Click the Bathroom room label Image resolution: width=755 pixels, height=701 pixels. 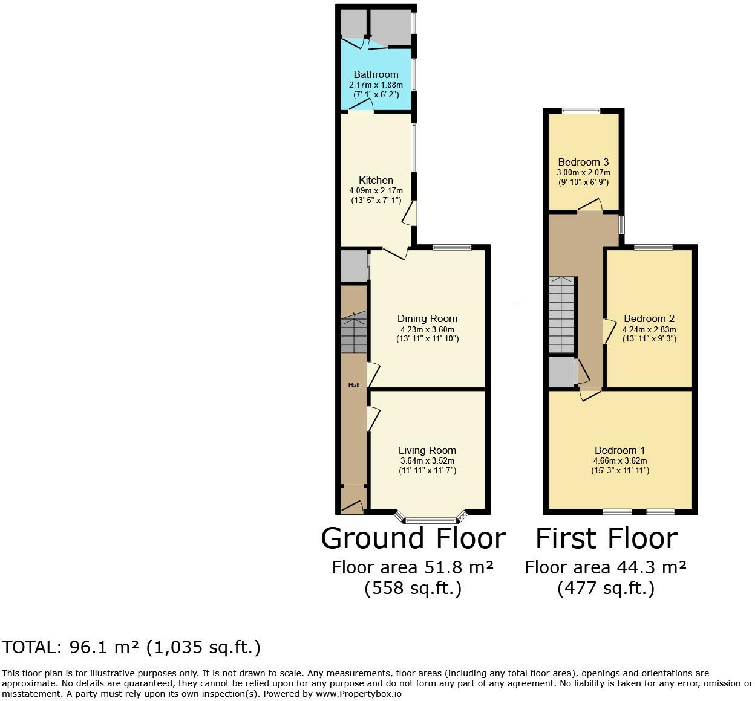click(376, 74)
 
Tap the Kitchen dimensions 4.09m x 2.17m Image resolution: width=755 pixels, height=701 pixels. click(376, 190)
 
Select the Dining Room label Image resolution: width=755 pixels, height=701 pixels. click(427, 318)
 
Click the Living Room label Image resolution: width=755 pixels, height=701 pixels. click(427, 450)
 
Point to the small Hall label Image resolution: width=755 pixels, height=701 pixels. click(353, 385)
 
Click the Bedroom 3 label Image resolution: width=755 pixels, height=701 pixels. click(583, 162)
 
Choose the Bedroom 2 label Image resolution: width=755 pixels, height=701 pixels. click(649, 318)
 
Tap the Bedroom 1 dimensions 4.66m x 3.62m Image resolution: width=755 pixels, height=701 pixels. click(619, 460)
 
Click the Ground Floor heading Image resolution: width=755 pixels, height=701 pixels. click(413, 538)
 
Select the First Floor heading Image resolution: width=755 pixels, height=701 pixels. click(606, 538)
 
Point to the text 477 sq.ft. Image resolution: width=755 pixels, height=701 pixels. click(606, 587)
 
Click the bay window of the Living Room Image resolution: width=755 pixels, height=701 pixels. click(431, 519)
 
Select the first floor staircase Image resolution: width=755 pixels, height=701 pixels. click(561, 315)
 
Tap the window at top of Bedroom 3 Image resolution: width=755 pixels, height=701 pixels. click(581, 111)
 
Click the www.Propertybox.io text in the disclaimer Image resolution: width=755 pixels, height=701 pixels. click(358, 694)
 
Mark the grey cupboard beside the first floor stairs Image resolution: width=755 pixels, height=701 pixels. click(562, 372)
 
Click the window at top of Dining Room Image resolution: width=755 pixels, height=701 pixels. click(452, 247)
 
